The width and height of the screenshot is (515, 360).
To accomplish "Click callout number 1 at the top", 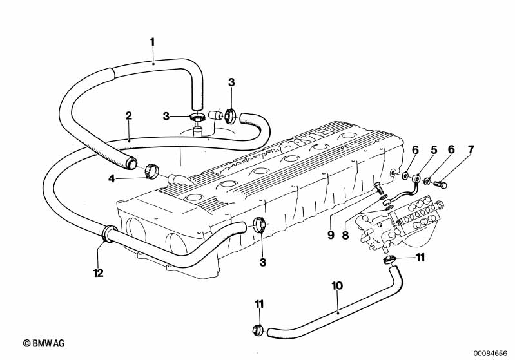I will (x=153, y=43).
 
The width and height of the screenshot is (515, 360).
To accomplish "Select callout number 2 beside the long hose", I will (x=129, y=116).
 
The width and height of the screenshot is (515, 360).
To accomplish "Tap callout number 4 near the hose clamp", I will (x=112, y=178).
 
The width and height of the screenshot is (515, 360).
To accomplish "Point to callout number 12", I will (x=98, y=273).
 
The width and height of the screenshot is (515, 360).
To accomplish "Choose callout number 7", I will (x=471, y=149).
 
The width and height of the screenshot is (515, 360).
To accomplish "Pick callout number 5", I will (x=434, y=149).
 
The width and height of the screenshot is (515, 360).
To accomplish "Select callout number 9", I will (x=331, y=235).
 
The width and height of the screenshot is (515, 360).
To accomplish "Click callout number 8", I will (x=345, y=235).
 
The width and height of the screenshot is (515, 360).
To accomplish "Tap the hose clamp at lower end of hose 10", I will (x=257, y=332).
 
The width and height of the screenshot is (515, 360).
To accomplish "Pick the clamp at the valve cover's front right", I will (x=262, y=226).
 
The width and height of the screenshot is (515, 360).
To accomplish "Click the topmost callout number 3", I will (x=232, y=82).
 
